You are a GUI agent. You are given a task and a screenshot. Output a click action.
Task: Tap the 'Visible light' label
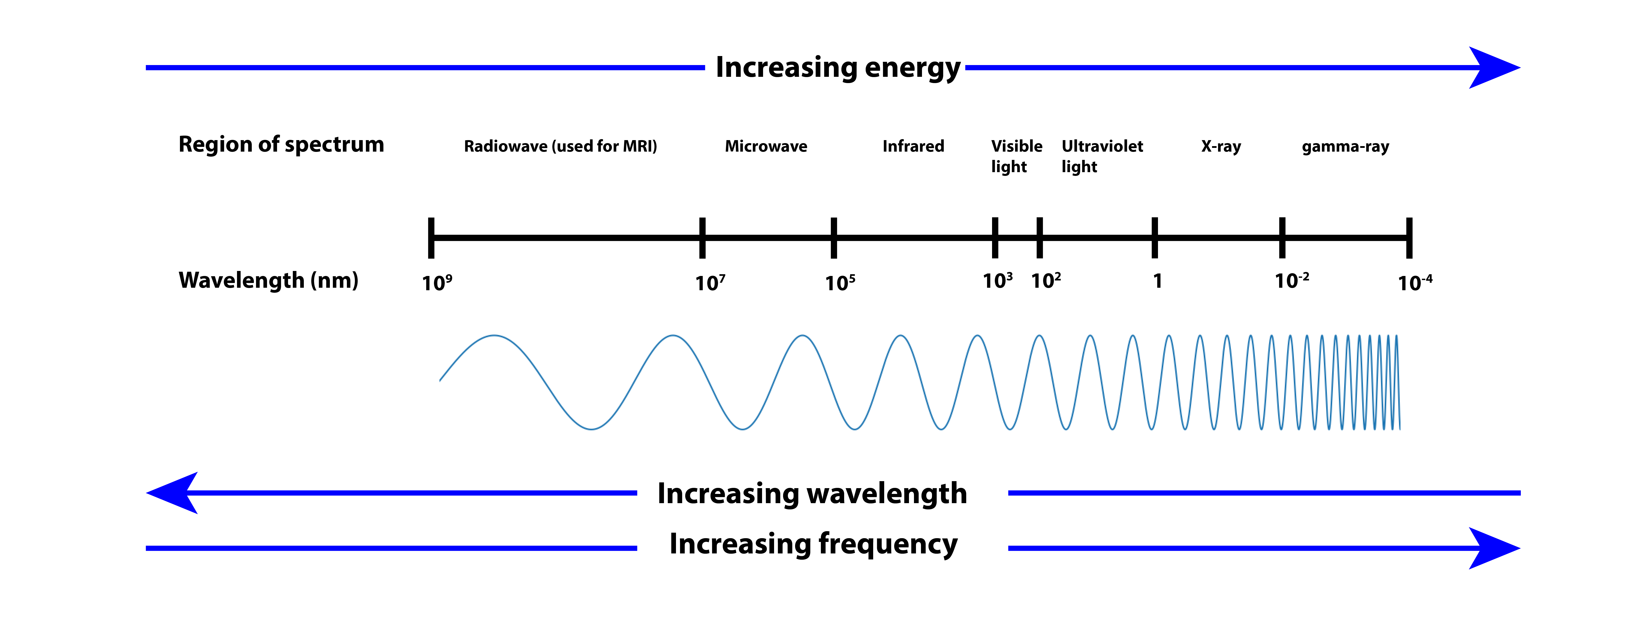(1016, 156)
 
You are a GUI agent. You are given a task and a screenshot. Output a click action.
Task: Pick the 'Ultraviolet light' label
(1102, 156)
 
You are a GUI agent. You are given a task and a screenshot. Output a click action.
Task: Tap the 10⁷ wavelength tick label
(710, 282)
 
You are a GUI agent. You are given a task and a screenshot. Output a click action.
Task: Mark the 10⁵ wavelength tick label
(840, 282)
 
